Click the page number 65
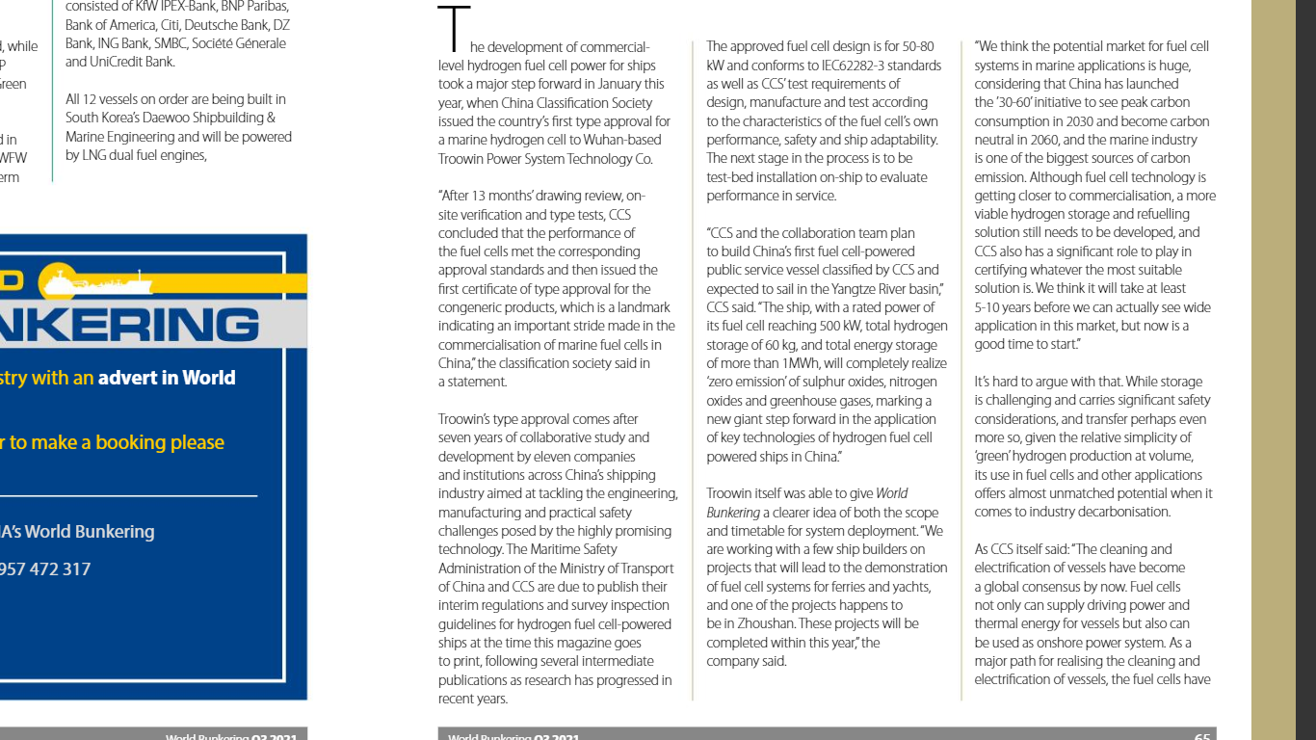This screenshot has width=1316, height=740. (1202, 737)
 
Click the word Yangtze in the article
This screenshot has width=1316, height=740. (829, 288)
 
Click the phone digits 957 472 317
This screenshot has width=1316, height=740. (44, 568)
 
